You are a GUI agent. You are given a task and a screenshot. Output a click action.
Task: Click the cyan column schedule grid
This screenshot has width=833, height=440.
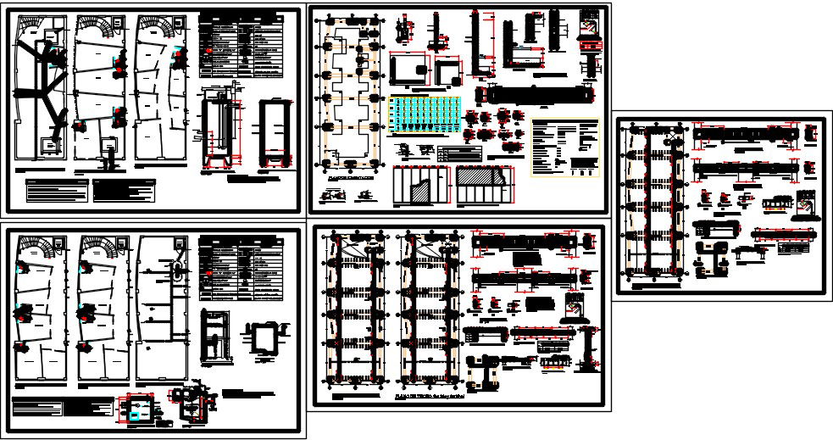(423, 115)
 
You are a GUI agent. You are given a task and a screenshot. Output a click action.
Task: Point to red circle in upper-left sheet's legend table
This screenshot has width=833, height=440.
(208, 52)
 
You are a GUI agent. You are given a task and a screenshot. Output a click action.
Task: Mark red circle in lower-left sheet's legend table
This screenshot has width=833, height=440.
(208, 274)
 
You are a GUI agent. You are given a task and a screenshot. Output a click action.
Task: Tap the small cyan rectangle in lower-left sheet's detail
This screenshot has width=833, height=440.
(136, 415)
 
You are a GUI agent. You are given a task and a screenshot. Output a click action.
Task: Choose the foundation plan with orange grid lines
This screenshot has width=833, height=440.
(349, 93)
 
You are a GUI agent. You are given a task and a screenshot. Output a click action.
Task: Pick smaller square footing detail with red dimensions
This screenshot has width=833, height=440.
(446, 70)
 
